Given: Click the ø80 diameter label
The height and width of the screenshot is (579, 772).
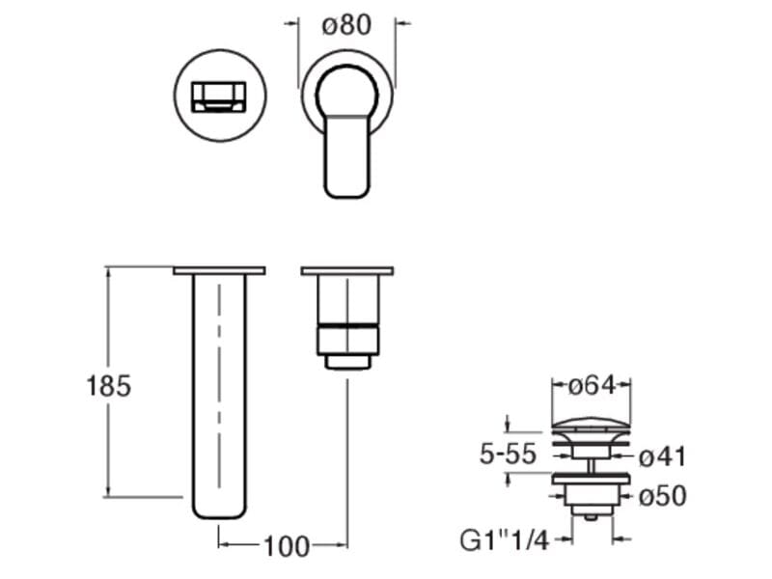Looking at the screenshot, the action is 346,25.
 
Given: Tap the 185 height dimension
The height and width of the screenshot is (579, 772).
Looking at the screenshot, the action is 109,385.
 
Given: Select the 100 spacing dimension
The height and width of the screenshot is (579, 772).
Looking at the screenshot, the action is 287,546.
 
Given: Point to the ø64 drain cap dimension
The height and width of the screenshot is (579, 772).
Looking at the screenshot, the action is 592,385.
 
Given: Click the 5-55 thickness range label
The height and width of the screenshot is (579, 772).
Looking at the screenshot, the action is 508,454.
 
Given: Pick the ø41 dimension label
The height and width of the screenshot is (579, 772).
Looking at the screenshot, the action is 662,456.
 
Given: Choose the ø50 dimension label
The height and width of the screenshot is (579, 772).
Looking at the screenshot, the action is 663,496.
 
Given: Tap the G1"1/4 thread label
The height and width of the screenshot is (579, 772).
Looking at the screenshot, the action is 504,540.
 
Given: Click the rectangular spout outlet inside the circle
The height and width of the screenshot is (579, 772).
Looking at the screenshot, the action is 219,97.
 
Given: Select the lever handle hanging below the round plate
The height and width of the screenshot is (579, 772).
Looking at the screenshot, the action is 346,156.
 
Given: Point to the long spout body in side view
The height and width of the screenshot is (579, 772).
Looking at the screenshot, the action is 219,397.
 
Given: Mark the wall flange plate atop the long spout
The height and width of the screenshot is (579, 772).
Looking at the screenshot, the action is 219,271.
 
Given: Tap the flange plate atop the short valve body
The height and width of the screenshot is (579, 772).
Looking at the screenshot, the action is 347,271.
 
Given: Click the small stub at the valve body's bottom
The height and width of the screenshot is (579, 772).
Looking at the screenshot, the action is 347,362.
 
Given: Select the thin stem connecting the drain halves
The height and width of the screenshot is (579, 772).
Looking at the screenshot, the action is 592,465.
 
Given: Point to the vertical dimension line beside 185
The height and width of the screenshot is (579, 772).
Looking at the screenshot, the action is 108,381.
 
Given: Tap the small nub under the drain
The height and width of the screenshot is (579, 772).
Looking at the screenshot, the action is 592,517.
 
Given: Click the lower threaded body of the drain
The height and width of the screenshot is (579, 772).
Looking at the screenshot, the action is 592,499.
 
